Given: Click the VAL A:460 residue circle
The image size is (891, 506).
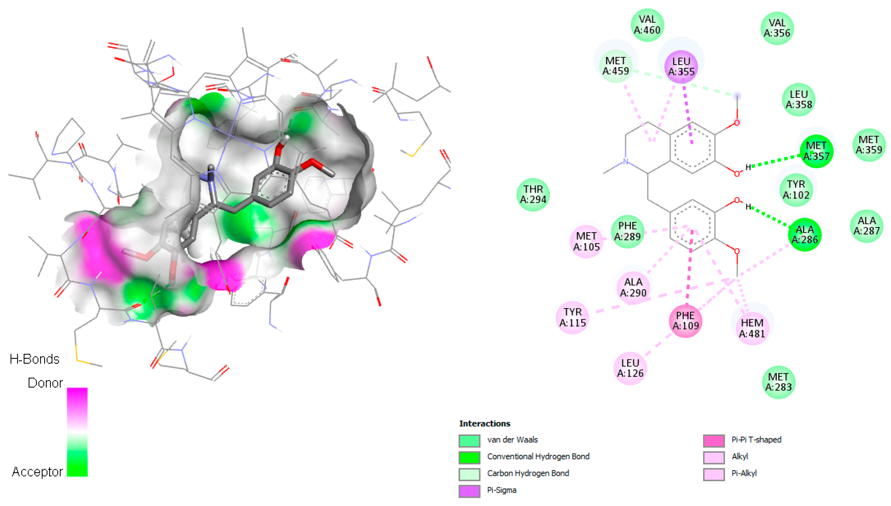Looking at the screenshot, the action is pyautogui.click(x=647, y=25).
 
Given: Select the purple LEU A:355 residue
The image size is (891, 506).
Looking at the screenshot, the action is pyautogui.click(x=681, y=66).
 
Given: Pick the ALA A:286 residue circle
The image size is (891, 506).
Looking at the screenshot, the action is pyautogui.click(x=804, y=235).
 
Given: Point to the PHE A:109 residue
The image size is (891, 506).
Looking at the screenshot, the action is pyautogui.click(x=685, y=321).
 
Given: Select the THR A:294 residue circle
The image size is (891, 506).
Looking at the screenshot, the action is pyautogui.click(x=533, y=195).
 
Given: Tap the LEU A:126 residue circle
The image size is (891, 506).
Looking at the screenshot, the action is pyautogui.click(x=630, y=368).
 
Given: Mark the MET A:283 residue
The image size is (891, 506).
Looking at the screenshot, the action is pyautogui.click(x=778, y=382).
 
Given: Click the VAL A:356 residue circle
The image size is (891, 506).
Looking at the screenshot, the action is pyautogui.click(x=777, y=28).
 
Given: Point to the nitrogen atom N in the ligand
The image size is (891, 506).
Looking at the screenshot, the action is pyautogui.click(x=625, y=161).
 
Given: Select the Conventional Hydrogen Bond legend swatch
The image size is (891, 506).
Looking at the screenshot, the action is pyautogui.click(x=469, y=457).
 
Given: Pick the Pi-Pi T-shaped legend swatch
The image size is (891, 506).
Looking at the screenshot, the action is pyautogui.click(x=714, y=441).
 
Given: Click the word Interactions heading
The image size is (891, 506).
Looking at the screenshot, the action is pyautogui.click(x=484, y=424).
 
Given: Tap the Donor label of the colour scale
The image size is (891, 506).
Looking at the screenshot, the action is pyautogui.click(x=45, y=383).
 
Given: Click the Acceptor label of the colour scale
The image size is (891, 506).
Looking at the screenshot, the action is pyautogui.click(x=37, y=472).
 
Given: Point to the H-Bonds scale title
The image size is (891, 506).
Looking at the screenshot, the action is pyautogui.click(x=34, y=359).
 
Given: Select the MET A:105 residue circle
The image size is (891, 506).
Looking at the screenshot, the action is pyautogui.click(x=586, y=242).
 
